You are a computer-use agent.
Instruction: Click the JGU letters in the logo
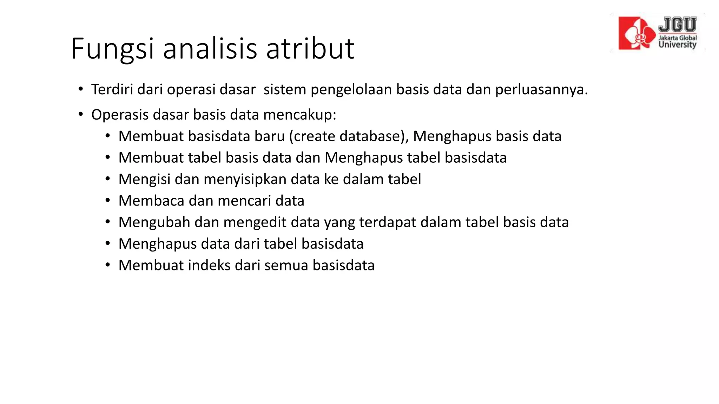click(x=677, y=25)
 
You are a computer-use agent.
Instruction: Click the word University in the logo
click(x=677, y=45)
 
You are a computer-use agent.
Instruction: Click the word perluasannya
click(x=541, y=89)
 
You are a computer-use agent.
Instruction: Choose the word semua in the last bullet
click(x=286, y=265)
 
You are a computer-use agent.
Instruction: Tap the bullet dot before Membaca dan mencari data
click(x=108, y=201)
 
